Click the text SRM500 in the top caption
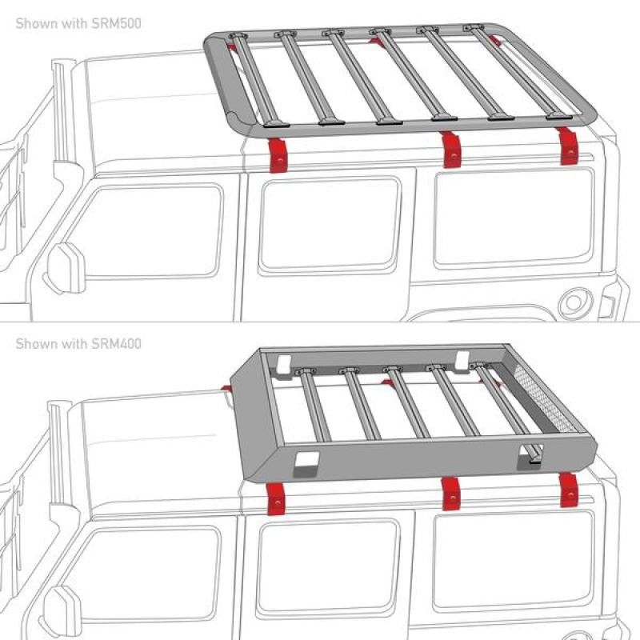click(x=116, y=23)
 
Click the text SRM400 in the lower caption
click(x=116, y=344)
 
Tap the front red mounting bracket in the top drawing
click(x=278, y=155)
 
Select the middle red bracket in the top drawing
click(x=451, y=150)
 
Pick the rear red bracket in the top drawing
click(x=568, y=146)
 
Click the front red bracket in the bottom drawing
click(x=277, y=498)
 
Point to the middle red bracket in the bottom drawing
click(x=451, y=494)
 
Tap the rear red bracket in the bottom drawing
click(x=569, y=490)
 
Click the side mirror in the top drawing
click(x=66, y=268)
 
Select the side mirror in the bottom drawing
click(x=62, y=611)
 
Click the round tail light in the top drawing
click(x=575, y=303)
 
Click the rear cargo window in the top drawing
click(x=514, y=218)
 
